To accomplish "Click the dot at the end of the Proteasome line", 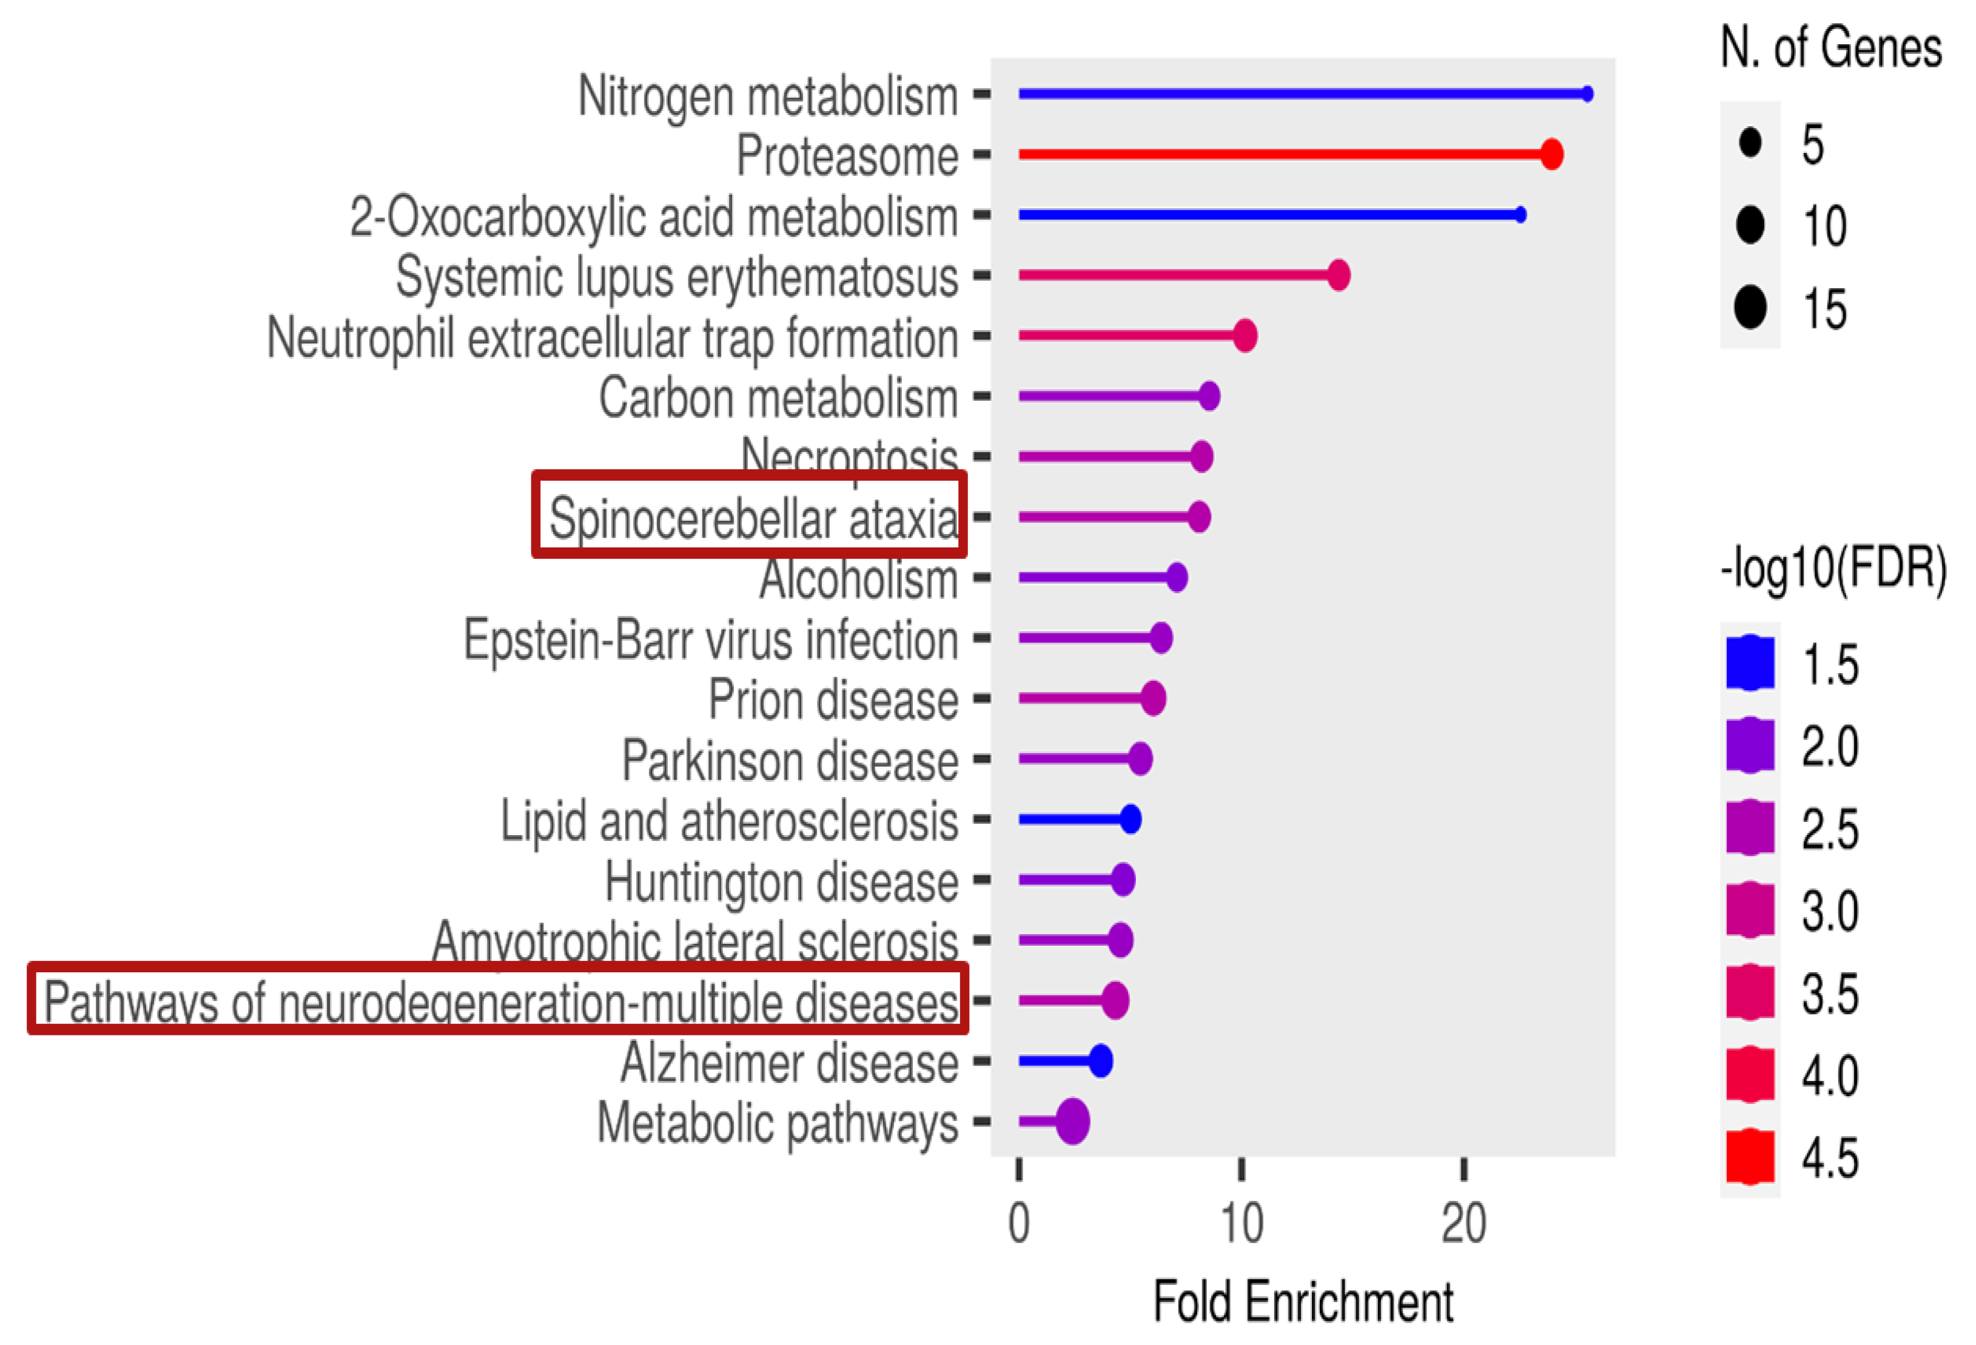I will [1551, 154].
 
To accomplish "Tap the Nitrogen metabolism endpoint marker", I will [1587, 93].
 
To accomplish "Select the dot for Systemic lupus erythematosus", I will [1339, 275].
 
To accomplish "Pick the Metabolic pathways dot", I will [1072, 1121].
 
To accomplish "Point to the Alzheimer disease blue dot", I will [1100, 1061].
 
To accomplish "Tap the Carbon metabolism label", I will [778, 398].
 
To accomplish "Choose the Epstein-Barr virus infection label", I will [711, 639].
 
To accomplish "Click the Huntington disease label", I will [781, 881].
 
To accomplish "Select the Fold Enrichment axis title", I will [1303, 1302].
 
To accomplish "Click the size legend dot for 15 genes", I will [1750, 307].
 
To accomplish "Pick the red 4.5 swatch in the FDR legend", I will [1750, 1157].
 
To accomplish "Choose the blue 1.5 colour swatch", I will [1750, 663].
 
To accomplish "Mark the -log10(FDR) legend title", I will [1833, 567].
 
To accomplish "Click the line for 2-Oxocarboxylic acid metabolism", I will [1267, 214].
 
